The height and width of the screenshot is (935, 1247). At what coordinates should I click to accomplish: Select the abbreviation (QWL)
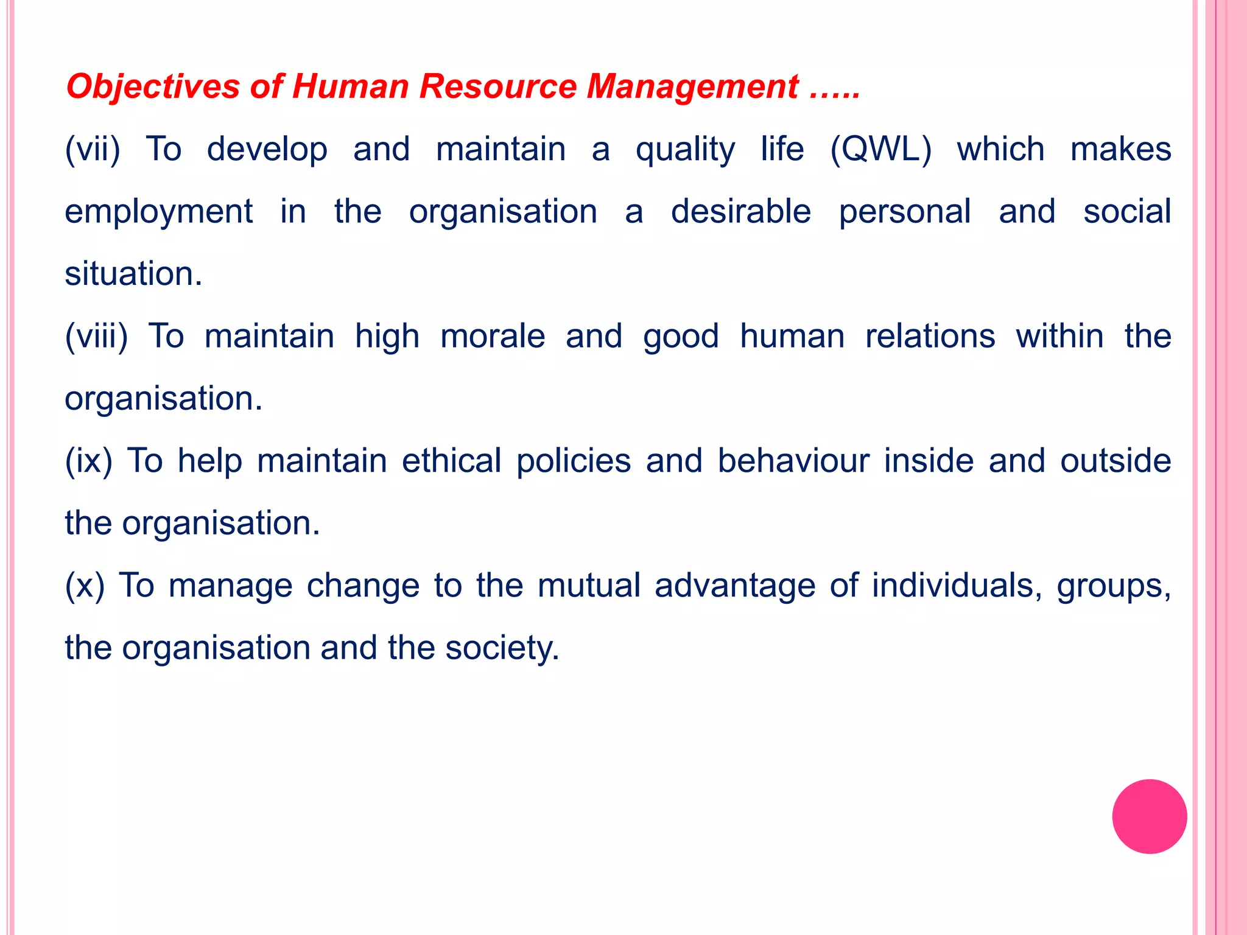tap(880, 150)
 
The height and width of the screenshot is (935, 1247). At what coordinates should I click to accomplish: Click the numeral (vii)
tap(93, 150)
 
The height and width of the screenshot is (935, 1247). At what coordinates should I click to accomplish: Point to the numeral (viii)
tap(96, 337)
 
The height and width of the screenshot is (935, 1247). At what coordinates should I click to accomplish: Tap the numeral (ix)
tap(89, 461)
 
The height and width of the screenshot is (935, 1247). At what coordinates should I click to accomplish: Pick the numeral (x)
tap(85, 586)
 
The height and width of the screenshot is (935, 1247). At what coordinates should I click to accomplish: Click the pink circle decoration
tap(1149, 816)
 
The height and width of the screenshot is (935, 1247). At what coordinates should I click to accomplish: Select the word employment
tap(159, 212)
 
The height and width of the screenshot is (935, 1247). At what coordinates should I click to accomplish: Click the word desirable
tap(741, 212)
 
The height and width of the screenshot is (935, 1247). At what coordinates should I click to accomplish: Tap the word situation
tap(133, 275)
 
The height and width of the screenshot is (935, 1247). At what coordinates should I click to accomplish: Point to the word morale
tap(493, 337)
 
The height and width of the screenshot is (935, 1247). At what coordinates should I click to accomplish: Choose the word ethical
tap(452, 461)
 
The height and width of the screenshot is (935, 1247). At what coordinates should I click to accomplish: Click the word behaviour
tap(793, 461)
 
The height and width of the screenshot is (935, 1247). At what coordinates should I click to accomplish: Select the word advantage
tap(735, 586)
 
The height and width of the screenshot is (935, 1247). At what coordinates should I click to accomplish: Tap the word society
tap(502, 648)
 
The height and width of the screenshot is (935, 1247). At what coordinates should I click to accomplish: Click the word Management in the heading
tap(692, 86)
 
